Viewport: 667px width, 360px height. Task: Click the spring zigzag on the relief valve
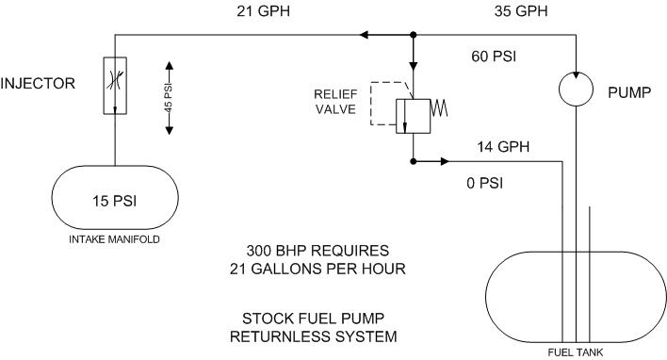tap(439, 107)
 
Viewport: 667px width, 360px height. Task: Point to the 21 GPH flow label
tap(263, 11)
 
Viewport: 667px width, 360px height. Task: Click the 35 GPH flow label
tap(521, 11)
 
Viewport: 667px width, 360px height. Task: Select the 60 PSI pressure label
tap(494, 57)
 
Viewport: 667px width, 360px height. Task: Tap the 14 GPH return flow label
tap(503, 147)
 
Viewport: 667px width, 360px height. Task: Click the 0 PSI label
tap(484, 183)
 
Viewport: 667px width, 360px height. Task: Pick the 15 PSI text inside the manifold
tap(114, 201)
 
